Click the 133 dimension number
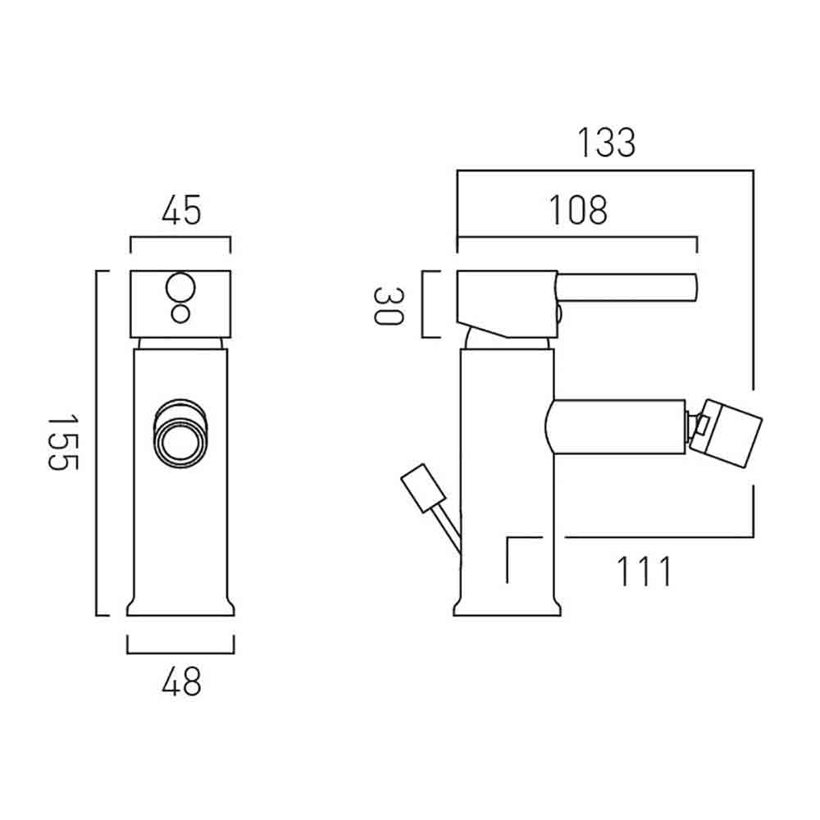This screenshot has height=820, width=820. tap(606, 143)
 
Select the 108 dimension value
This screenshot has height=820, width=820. tap(578, 210)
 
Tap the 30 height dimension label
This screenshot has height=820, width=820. tap(389, 307)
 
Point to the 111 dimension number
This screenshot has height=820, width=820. tap(644, 572)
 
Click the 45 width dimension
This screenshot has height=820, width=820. tap(181, 210)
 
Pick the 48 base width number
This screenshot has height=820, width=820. tap(181, 681)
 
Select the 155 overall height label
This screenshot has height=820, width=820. tap(63, 443)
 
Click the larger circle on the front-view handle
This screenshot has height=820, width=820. tap(180, 288)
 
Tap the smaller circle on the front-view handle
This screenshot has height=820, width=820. tap(180, 314)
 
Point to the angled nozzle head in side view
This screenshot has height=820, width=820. tap(726, 434)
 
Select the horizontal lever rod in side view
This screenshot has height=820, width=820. tap(626, 288)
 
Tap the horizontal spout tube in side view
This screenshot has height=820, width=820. tap(616, 427)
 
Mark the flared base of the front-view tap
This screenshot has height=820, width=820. tap(180, 607)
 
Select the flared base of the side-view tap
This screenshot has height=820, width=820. tap(508, 607)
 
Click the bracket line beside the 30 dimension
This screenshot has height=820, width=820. tap(422, 304)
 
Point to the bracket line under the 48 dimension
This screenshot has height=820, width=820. tap(180, 653)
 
